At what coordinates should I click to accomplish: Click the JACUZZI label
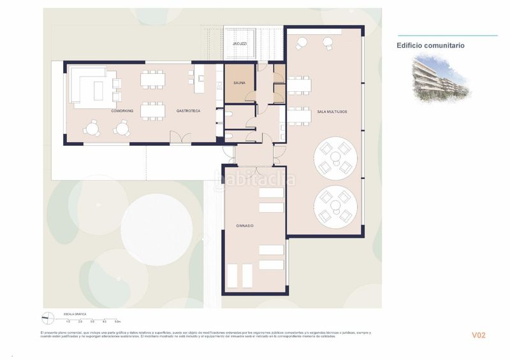pyautogui.click(x=240, y=43)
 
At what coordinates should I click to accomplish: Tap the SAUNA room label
pyautogui.click(x=240, y=82)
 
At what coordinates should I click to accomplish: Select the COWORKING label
pyautogui.click(x=122, y=111)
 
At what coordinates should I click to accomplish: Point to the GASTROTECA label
pyautogui.click(x=189, y=111)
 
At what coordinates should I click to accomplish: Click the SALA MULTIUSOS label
pyautogui.click(x=331, y=112)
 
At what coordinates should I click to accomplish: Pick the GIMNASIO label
pyautogui.click(x=245, y=226)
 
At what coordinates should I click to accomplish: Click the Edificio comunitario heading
pyautogui.click(x=430, y=46)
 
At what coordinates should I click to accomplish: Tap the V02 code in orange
pyautogui.click(x=478, y=335)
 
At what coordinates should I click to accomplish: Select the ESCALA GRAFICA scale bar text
pyautogui.click(x=75, y=314)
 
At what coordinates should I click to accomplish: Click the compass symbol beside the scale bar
pyautogui.click(x=47, y=318)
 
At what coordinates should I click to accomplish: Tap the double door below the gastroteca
pyautogui.click(x=180, y=138)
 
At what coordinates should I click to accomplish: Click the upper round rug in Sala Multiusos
pyautogui.click(x=335, y=157)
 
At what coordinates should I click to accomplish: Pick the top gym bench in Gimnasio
pyautogui.click(x=271, y=192)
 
